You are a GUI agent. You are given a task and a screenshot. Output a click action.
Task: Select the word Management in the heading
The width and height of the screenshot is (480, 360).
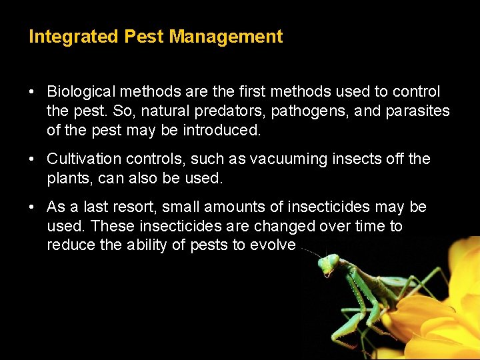point(226,37)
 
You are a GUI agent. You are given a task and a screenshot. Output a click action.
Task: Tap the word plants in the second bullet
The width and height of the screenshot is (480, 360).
point(67,178)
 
